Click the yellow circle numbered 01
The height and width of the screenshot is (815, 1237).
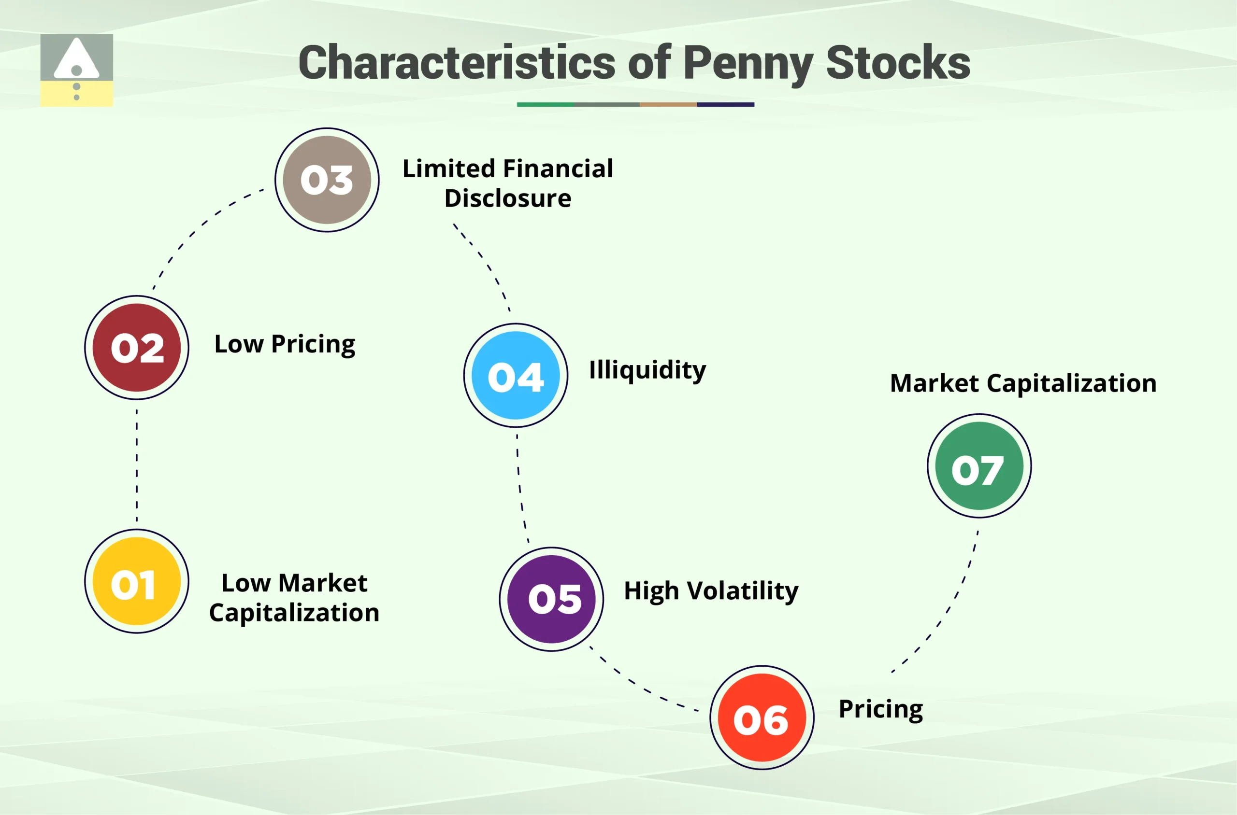click(x=137, y=581)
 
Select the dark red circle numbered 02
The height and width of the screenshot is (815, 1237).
click(x=137, y=347)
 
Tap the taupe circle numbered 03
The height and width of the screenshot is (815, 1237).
click(x=327, y=180)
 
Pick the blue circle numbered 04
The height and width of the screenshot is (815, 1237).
click(x=516, y=375)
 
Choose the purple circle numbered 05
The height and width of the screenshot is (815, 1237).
click(x=551, y=599)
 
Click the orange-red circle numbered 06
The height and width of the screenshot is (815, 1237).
click(x=762, y=717)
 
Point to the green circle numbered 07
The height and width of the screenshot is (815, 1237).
click(x=979, y=466)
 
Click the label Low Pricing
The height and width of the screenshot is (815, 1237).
click(x=285, y=345)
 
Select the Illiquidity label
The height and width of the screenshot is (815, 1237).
click(x=647, y=370)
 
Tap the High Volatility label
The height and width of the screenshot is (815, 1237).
click(x=711, y=591)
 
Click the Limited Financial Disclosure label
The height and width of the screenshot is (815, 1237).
click(x=508, y=183)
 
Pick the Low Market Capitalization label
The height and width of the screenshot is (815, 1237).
click(x=294, y=598)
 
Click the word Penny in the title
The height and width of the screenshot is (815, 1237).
click(x=748, y=63)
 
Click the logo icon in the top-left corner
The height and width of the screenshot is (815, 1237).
click(x=76, y=70)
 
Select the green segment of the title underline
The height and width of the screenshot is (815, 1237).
click(x=545, y=104)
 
